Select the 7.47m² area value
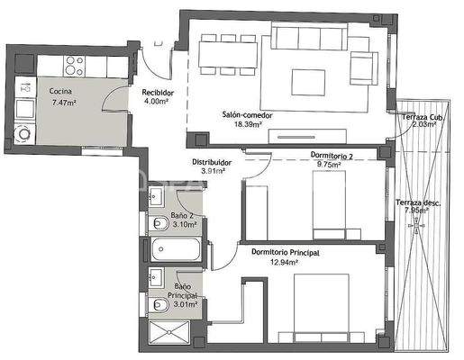click(x=66, y=103)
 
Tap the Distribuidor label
click(x=212, y=162)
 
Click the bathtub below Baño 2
click(x=175, y=249)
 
